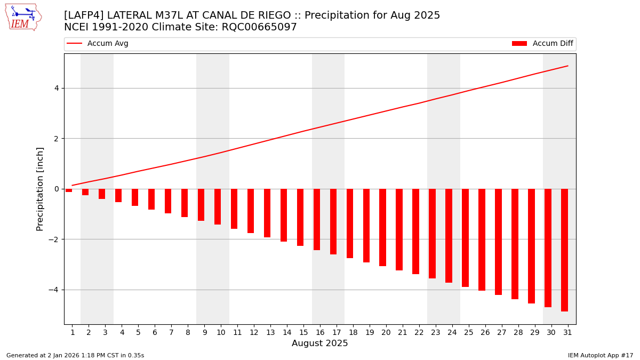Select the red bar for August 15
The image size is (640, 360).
pos(300,217)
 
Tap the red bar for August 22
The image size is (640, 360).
pos(415,231)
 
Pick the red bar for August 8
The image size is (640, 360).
pos(185,203)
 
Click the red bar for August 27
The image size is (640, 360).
pos(498,242)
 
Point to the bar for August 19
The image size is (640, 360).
pos(366,225)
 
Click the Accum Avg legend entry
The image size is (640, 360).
pos(98,44)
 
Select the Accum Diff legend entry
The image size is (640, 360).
pos(542,44)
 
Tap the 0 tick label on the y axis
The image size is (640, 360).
pos(55,189)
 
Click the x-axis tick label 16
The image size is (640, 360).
pos(320,333)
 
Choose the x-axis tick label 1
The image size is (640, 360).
pos(73,333)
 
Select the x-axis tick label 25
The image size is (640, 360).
pos(468,333)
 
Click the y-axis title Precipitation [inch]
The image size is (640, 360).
pos(41,189)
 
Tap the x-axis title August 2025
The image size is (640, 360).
pos(319,344)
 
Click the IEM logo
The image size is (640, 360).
pos(23,17)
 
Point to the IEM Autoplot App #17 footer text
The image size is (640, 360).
pos(601,355)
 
